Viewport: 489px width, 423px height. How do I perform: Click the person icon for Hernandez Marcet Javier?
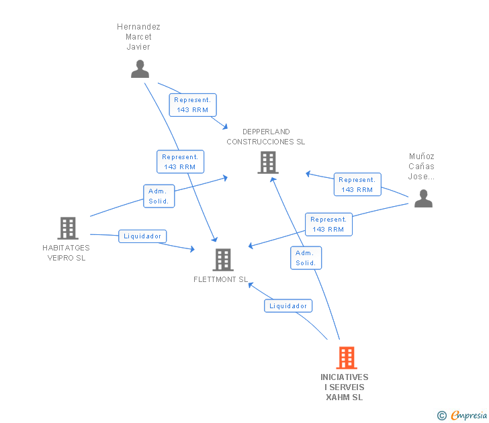point(140,69)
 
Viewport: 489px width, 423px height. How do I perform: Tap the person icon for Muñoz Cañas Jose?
point(423,199)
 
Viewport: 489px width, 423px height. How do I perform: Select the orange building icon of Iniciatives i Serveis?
point(346,358)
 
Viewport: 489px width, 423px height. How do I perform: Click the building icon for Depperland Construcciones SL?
point(267,162)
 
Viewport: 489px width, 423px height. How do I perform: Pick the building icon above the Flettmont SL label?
point(222,259)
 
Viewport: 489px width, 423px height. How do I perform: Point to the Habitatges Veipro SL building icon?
point(67,228)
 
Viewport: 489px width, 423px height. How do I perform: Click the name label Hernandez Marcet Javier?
point(138,37)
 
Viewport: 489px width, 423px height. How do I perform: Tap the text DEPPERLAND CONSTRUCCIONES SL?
point(265,137)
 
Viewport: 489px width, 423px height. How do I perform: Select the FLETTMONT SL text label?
point(221,280)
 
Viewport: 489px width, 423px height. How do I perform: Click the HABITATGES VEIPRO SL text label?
point(64,252)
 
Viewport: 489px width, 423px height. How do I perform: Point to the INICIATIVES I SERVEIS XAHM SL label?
point(345,387)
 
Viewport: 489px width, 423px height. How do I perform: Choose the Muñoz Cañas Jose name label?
point(422,167)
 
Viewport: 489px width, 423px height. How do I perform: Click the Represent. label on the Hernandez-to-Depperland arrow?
point(192,105)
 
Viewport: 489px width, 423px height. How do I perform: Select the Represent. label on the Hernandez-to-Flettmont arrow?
point(179,162)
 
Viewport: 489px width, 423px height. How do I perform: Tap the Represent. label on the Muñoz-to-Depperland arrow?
point(357,185)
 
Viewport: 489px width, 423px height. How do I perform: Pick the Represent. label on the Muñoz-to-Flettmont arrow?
point(328,224)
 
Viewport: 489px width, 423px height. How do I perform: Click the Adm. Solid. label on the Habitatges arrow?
point(159,196)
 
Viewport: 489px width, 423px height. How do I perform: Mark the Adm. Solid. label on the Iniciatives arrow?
point(306,258)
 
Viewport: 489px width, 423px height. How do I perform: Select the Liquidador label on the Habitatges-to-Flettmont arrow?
point(142,236)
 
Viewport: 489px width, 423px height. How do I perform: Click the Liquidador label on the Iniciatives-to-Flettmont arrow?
point(288,306)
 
